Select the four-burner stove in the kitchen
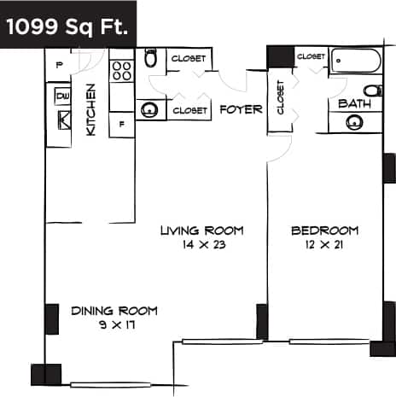pyautogui.click(x=121, y=70)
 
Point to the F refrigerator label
pyautogui.click(x=122, y=125)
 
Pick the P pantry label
pyautogui.click(x=59, y=65)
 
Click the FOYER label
pyautogui.click(x=241, y=109)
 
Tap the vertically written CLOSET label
pyautogui.click(x=280, y=98)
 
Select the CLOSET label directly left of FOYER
pyautogui.click(x=189, y=110)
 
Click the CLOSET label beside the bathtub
pyautogui.click(x=312, y=56)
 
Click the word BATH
pyautogui.click(x=354, y=104)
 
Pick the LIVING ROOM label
pyautogui.click(x=203, y=231)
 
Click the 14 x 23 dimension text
pyautogui.click(x=202, y=244)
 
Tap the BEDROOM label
pyautogui.click(x=324, y=231)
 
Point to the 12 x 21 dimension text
pyautogui.click(x=324, y=244)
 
